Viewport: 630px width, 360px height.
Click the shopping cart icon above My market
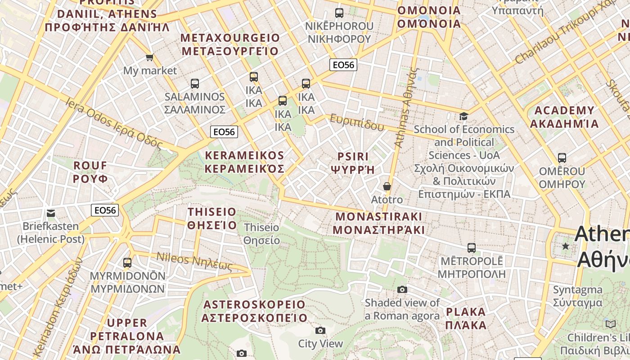tap(149, 57)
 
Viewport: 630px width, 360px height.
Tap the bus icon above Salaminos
tap(195, 83)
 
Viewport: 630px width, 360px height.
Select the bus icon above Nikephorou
tap(339, 13)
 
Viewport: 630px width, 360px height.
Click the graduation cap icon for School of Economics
tap(463, 116)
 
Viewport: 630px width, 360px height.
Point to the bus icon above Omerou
tap(562, 158)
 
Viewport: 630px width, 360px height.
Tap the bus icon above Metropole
tap(471, 247)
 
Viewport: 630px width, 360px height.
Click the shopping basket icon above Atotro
tap(387, 186)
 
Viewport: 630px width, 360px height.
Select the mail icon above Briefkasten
tap(50, 213)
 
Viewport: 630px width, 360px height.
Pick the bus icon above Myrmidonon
tap(127, 262)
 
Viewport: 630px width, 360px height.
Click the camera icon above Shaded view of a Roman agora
tap(402, 289)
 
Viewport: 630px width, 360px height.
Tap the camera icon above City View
tap(320, 331)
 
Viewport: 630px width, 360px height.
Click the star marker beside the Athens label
tap(566, 246)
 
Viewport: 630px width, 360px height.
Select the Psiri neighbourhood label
tap(353, 163)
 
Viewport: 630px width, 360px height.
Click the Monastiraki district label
tap(379, 223)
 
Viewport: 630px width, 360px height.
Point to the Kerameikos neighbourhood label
tap(244, 162)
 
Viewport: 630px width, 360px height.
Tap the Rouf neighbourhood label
tap(90, 172)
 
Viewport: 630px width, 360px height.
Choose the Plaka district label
tap(466, 318)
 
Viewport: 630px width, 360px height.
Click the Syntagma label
tap(577, 296)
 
